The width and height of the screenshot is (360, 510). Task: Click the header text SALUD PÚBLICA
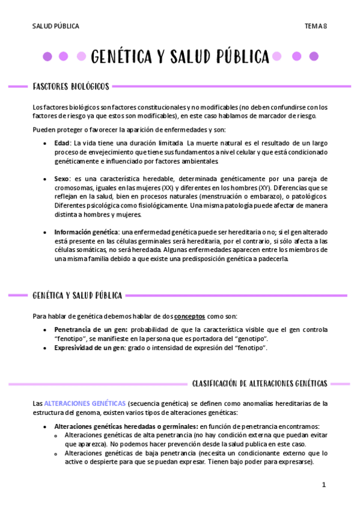coord(56,26)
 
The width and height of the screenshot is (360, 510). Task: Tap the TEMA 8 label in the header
coord(316,26)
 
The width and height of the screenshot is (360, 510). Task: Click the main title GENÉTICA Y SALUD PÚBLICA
coord(180,57)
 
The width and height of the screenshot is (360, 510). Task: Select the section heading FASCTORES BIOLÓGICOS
coord(71,87)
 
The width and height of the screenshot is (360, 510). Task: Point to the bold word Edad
coord(62,143)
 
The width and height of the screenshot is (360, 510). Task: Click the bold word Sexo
coord(62,179)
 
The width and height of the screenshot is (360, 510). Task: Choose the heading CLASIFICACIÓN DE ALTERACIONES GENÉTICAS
coord(259,383)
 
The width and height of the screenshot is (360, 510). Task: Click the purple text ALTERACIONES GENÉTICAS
coord(85,403)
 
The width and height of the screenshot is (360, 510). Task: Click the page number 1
coord(323,484)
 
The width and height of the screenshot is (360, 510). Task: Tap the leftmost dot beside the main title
coord(47,57)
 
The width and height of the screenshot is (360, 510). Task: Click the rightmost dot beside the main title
coord(313,57)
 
